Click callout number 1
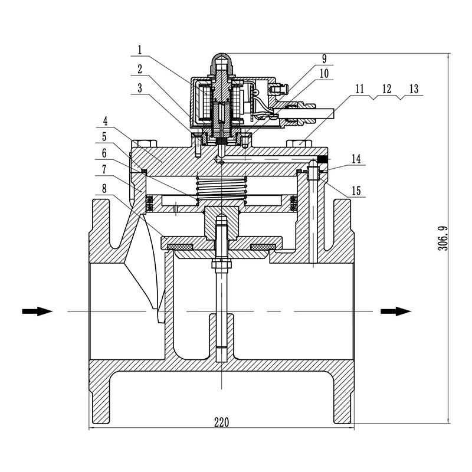click(140, 50)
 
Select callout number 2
click(140, 68)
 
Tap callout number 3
click(140, 88)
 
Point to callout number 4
click(106, 122)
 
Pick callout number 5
click(106, 136)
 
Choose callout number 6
click(106, 152)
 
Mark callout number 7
click(106, 168)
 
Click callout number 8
click(106, 189)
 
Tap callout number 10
click(324, 73)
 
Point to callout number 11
click(360, 89)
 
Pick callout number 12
click(386, 89)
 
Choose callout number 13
click(413, 89)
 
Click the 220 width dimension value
click(221, 422)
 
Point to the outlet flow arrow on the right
click(395, 311)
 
